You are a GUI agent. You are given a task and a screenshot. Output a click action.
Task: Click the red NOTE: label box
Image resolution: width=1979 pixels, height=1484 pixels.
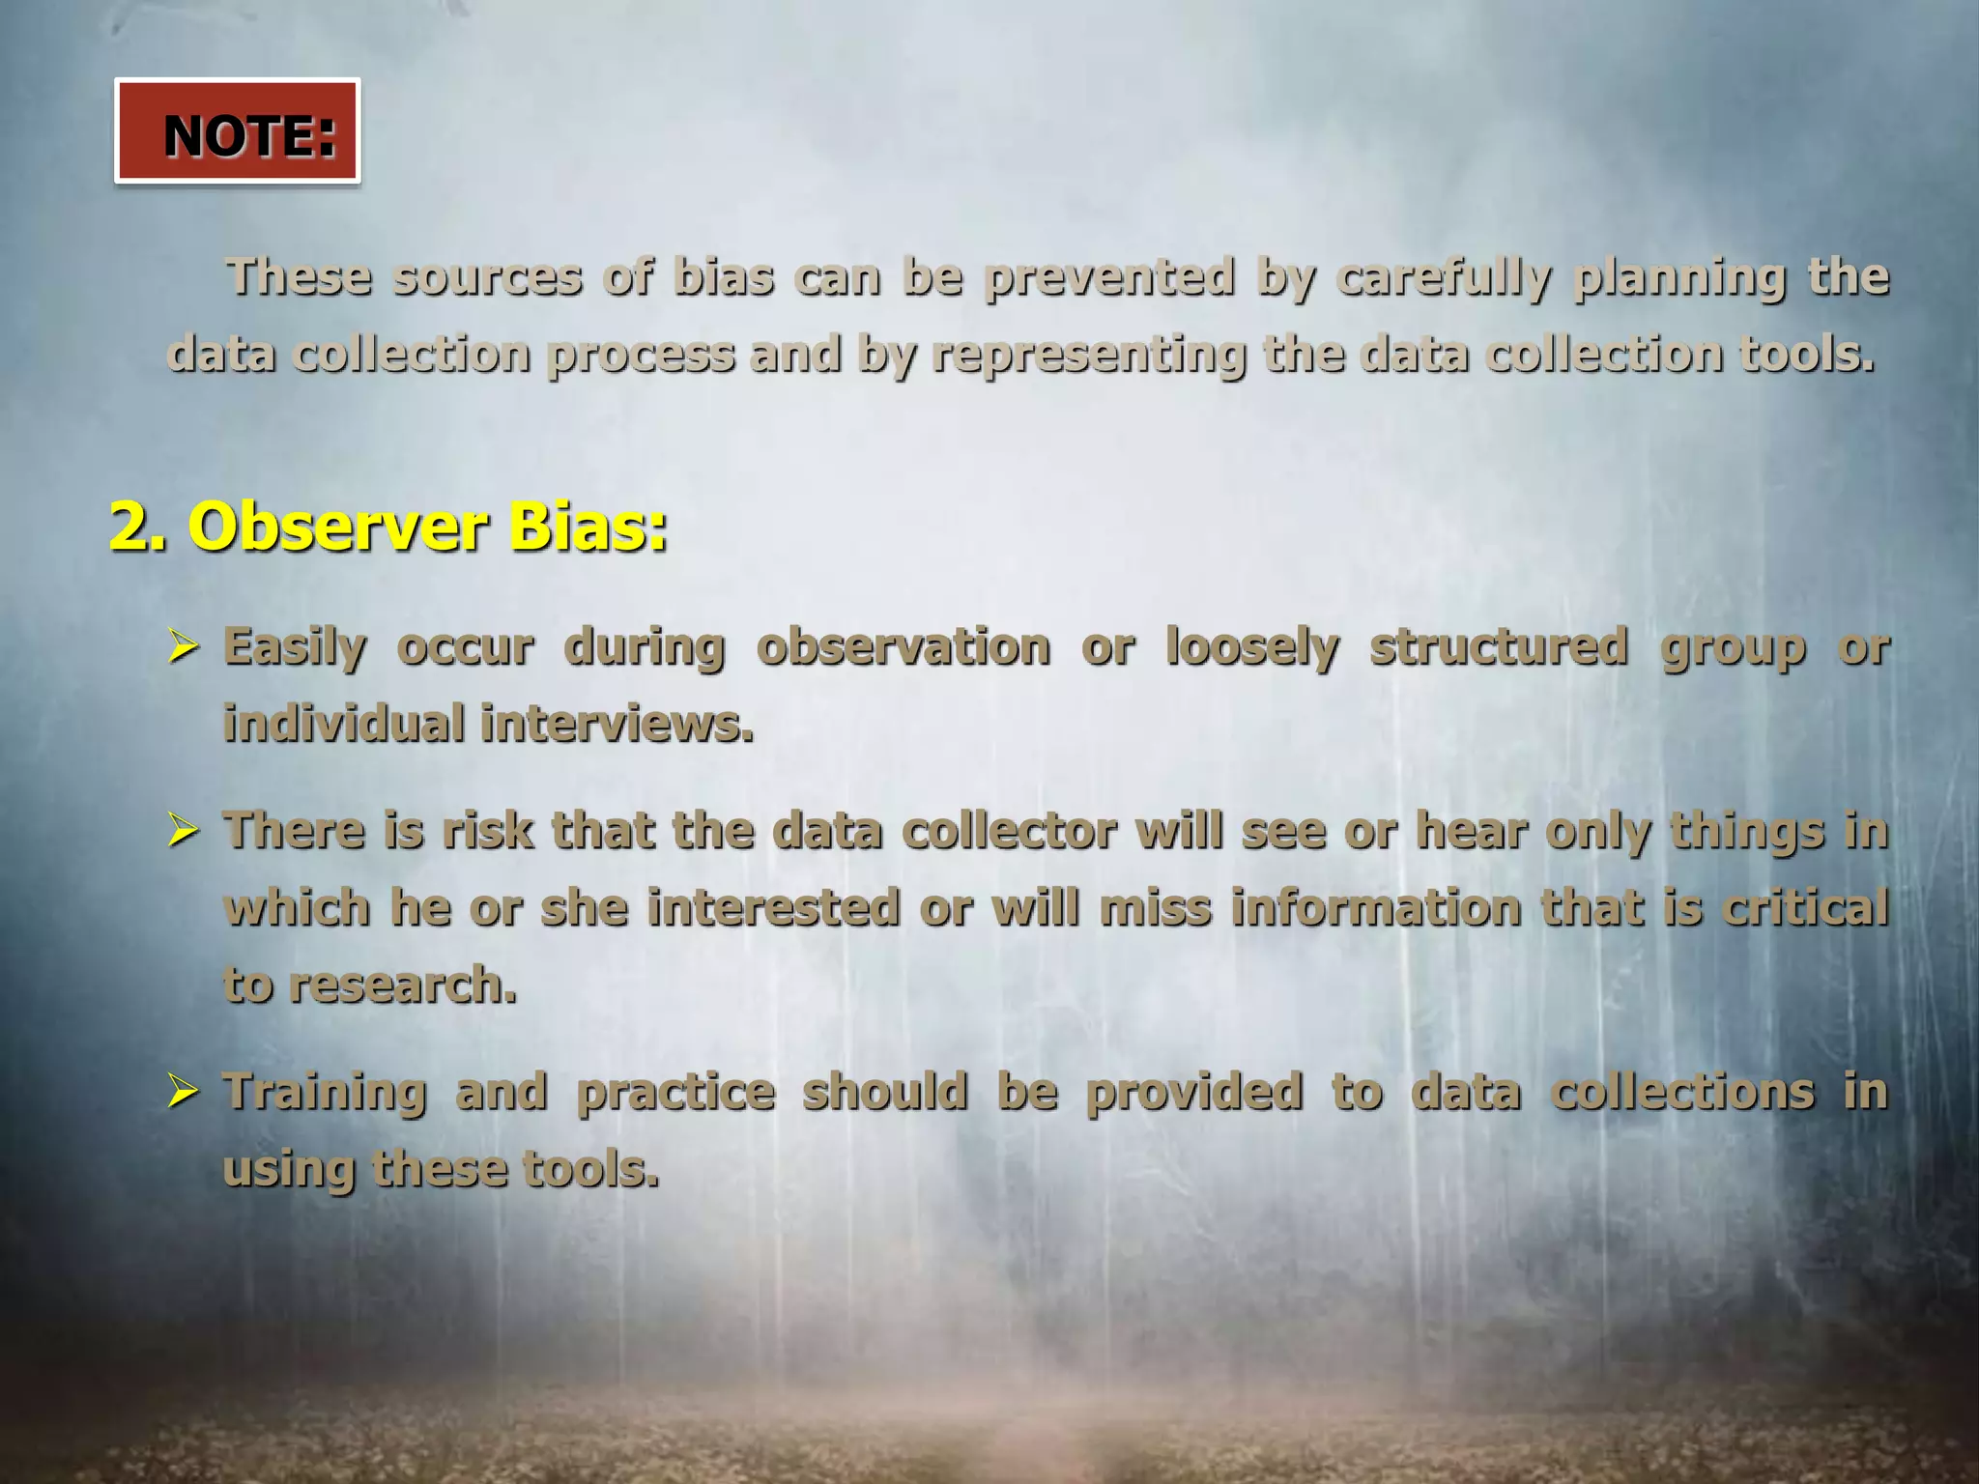pos(237,131)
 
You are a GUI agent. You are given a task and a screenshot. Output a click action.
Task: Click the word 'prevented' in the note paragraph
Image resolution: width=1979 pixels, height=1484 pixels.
pos(1109,278)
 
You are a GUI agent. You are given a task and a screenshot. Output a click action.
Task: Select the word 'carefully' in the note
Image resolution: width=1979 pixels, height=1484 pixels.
pos(1444,278)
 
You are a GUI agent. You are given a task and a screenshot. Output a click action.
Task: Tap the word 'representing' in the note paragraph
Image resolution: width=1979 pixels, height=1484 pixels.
pos(1088,356)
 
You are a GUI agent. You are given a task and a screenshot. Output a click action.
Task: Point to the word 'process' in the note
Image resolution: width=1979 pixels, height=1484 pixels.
pos(640,356)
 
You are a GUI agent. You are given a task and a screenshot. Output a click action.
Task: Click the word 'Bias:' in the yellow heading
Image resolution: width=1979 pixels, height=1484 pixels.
pos(587,528)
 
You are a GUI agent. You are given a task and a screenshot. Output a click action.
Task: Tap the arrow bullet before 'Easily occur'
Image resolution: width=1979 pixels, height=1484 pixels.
pos(183,645)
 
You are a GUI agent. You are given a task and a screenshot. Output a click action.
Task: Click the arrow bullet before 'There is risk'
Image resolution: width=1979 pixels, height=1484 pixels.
pos(183,830)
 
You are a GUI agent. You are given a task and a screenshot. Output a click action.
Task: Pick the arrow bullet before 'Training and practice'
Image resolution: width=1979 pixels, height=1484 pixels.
pos(183,1091)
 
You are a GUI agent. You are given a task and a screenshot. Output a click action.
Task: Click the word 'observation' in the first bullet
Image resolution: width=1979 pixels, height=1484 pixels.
pos(903,647)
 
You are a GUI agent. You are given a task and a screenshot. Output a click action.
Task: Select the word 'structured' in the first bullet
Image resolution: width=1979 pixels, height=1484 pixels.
pos(1499,647)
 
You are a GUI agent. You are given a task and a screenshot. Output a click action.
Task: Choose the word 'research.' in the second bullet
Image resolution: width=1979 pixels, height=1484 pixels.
pos(403,985)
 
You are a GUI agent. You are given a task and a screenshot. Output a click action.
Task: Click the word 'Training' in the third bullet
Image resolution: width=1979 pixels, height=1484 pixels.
pos(325,1093)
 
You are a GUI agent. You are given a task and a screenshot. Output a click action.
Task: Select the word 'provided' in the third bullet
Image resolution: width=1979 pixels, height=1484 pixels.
pos(1194,1093)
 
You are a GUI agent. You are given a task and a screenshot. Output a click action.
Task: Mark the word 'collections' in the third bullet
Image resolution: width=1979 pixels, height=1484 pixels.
pos(1682,1093)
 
